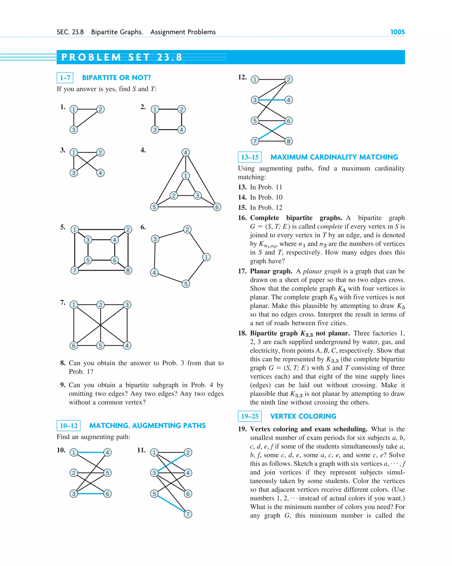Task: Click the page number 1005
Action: [397, 32]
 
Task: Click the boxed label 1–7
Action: [65, 78]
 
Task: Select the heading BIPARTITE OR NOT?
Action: [116, 78]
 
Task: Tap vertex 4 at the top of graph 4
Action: [186, 152]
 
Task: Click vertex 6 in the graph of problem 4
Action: [217, 207]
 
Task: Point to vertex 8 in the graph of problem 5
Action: [128, 270]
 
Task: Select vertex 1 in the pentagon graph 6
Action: [206, 257]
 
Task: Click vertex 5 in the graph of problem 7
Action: [100, 345]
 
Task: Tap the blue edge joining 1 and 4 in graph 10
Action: [90, 452]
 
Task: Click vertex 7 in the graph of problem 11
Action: [188, 514]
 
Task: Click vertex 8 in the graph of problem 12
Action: [288, 141]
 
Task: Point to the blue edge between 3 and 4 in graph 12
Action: [272, 100]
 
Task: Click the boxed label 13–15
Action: [250, 157]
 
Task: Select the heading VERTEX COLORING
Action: [303, 416]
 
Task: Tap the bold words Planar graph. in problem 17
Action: [271, 271]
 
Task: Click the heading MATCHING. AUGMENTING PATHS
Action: [147, 426]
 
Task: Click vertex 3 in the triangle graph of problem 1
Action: [74, 130]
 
